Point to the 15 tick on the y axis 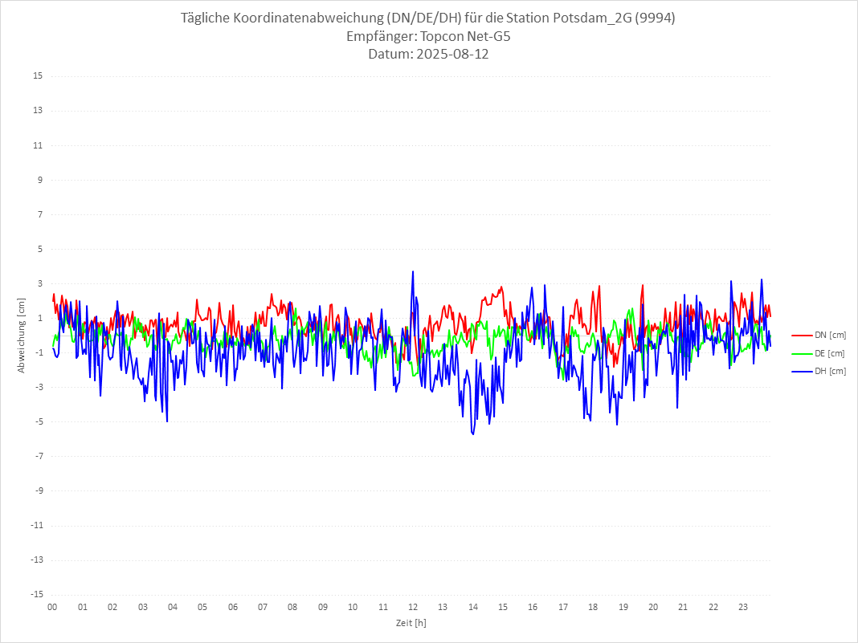pyautogui.click(x=38, y=76)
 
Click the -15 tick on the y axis pyautogui.click(x=36, y=594)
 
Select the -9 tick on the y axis pyautogui.click(x=38, y=490)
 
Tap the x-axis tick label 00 pyautogui.click(x=52, y=608)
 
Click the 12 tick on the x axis pyautogui.click(x=413, y=608)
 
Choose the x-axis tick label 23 pyautogui.click(x=743, y=608)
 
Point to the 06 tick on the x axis pyautogui.click(x=232, y=608)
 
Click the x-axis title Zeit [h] pyautogui.click(x=411, y=623)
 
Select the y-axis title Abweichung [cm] pyautogui.click(x=22, y=335)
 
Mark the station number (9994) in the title pyautogui.click(x=655, y=18)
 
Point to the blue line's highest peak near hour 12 pyautogui.click(x=413, y=271)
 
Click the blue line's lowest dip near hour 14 pyautogui.click(x=473, y=434)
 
